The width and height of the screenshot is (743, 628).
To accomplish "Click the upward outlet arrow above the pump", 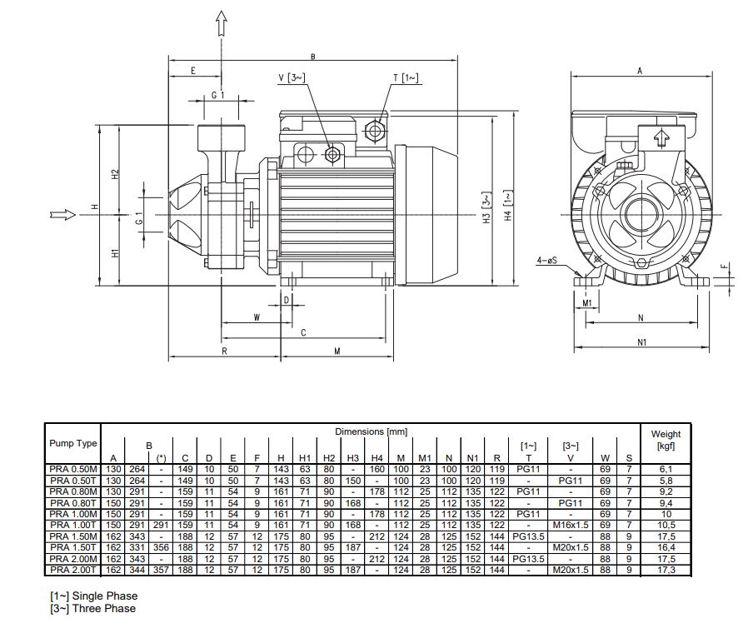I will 222,23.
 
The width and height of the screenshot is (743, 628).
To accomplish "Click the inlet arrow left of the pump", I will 62,214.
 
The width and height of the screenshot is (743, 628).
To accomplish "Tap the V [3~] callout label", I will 292,78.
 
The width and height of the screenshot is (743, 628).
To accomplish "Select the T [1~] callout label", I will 406,77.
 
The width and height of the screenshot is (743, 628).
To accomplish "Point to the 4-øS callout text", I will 546,261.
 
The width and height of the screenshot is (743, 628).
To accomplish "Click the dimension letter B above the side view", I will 312,57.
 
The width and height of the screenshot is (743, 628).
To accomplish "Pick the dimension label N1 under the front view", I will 641,341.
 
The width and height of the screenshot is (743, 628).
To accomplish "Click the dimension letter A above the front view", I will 640,71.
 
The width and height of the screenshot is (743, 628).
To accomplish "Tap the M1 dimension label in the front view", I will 587,302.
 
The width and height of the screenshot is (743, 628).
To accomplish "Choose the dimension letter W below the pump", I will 257,317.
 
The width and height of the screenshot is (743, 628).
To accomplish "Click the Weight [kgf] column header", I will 666,440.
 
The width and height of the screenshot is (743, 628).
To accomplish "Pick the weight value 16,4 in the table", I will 666,548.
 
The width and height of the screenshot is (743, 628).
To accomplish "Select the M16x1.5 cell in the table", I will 571,526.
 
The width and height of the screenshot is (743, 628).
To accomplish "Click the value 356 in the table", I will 162,548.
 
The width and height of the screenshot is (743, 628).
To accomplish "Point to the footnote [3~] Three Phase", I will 92,608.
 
